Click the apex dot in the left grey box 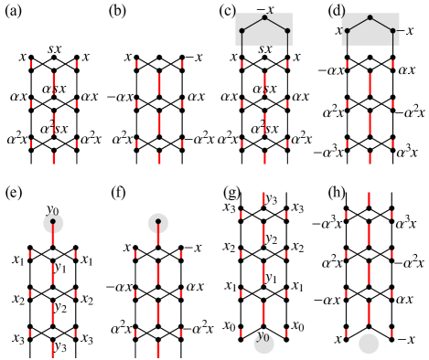tap(264, 17)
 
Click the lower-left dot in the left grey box tap(241, 31)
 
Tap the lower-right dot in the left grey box tap(287, 31)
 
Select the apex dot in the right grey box tap(370, 17)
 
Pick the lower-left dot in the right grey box tap(347, 31)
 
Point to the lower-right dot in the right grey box tap(393, 31)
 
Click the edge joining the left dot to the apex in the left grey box tap(252, 24)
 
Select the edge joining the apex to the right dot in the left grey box tap(276, 24)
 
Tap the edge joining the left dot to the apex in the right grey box tap(358, 24)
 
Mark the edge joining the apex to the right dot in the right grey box tap(381, 24)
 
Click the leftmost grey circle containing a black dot tap(53, 223)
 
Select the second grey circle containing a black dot tap(158, 223)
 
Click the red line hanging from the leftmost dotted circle tap(53, 235)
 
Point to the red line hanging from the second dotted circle tap(158, 235)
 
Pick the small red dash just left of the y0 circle tap(241, 334)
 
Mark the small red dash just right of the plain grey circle tap(391, 334)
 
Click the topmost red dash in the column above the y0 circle tap(263, 198)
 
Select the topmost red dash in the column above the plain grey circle tap(369, 198)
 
